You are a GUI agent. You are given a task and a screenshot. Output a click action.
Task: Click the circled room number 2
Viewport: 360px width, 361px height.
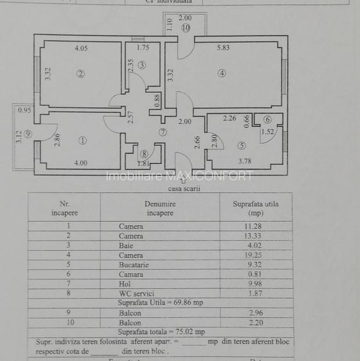[x=80, y=73]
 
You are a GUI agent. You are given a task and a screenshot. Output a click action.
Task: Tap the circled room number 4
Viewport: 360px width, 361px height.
[x=221, y=73]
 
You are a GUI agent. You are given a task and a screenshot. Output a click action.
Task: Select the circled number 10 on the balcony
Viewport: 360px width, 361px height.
[x=185, y=28]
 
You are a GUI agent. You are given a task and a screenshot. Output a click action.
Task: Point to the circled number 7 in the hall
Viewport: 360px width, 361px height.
[x=162, y=132]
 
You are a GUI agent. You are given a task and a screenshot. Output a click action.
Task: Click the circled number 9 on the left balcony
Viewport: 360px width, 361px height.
[x=28, y=133]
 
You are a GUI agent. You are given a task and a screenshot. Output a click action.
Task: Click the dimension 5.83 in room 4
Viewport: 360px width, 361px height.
[x=223, y=47]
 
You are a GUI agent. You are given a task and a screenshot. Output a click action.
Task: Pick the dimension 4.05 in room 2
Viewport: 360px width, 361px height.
[x=81, y=47]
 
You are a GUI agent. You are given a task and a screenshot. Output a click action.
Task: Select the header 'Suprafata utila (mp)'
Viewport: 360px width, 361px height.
[x=256, y=208]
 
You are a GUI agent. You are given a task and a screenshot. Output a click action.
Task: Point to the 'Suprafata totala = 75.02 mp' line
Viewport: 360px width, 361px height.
[x=161, y=332]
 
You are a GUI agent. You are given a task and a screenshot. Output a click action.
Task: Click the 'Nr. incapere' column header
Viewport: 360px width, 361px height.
[x=64, y=208]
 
